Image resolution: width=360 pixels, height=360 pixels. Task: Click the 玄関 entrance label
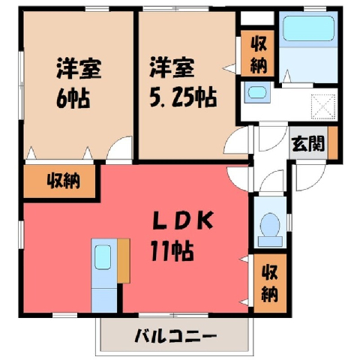pyautogui.click(x=308, y=143)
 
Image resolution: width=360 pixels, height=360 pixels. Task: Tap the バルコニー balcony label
pyautogui.click(x=175, y=336)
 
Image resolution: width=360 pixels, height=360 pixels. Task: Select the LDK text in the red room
pyautogui.click(x=183, y=220)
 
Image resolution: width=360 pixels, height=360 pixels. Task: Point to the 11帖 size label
pyautogui.click(x=172, y=250)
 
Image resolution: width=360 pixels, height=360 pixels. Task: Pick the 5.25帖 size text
pyautogui.click(x=183, y=97)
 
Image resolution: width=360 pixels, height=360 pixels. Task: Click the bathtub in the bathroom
pyautogui.click(x=308, y=28)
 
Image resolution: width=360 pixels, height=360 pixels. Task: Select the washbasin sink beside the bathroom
pyautogui.click(x=257, y=92)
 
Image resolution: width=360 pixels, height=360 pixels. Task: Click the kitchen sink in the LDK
pyautogui.click(x=103, y=257)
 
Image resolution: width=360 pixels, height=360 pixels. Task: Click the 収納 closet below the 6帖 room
pyautogui.click(x=59, y=181)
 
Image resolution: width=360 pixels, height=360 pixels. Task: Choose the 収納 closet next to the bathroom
pyautogui.click(x=258, y=53)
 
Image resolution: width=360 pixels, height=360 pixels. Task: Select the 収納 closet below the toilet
pyautogui.click(x=270, y=283)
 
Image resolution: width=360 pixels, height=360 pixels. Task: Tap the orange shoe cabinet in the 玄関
pyautogui.click(x=332, y=142)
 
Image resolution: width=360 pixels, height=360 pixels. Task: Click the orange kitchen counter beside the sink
pyautogui.click(x=124, y=261)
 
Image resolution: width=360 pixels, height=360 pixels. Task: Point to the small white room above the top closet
pyautogui.click(x=257, y=18)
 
